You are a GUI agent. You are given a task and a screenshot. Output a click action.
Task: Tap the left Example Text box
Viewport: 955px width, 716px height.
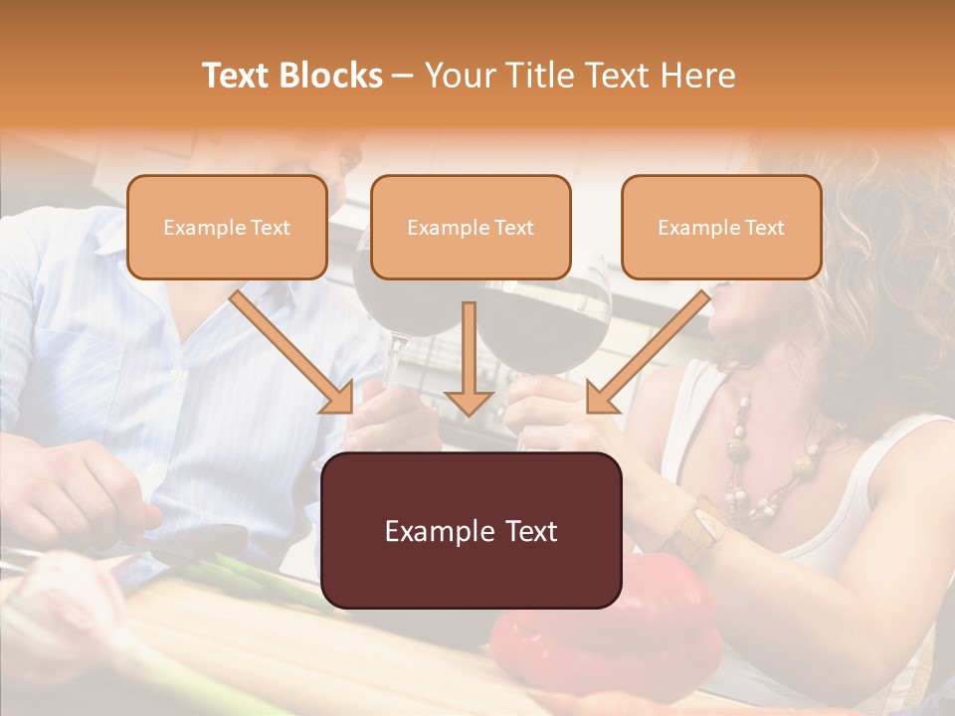[x=227, y=228]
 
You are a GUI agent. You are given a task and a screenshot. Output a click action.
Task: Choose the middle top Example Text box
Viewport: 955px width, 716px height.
[x=471, y=228]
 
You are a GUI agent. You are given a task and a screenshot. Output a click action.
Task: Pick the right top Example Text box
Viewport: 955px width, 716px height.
[x=721, y=228]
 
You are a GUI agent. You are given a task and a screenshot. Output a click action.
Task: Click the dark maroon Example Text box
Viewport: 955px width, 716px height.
[x=472, y=531]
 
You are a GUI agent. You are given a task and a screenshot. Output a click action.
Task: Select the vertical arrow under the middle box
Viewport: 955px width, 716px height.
[x=469, y=358]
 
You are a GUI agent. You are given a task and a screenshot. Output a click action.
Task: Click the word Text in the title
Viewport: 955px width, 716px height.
[x=239, y=76]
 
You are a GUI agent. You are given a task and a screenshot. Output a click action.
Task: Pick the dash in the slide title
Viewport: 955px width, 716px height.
[x=403, y=77]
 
